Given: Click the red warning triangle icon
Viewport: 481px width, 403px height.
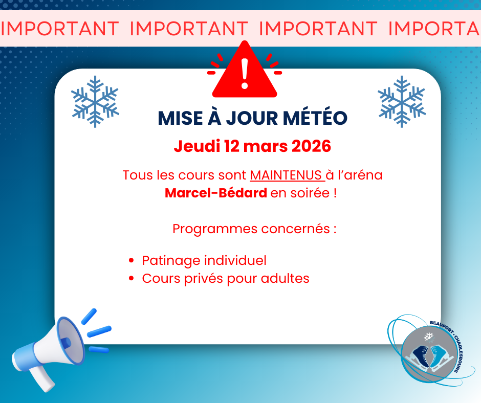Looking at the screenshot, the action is (245, 74).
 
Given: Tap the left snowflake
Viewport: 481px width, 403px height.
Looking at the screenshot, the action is (95, 101).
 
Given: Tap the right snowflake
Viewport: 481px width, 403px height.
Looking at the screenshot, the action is (402, 101).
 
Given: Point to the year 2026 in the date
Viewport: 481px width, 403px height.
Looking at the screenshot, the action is (311, 146).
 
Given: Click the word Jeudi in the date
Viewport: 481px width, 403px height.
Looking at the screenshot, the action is (197, 146).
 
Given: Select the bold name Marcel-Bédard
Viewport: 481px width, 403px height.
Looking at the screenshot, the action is (216, 193).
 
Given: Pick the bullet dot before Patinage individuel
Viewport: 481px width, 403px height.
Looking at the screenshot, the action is (132, 261).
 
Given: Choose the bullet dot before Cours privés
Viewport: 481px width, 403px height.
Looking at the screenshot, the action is (132, 279).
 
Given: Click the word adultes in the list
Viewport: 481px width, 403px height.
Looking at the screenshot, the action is (285, 279).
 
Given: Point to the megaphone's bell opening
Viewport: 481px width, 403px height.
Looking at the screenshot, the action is (70, 341).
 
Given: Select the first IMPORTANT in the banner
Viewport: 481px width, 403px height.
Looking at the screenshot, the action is (60, 29).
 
